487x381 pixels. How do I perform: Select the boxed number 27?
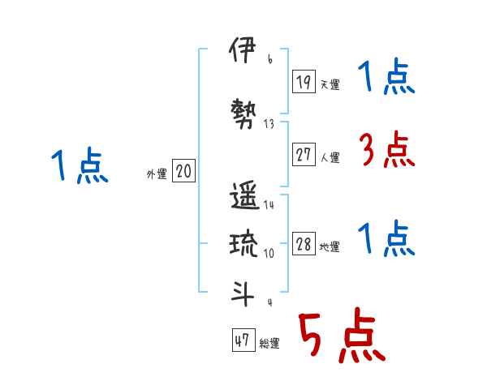(x=304, y=155)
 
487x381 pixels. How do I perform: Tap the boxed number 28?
(x=304, y=245)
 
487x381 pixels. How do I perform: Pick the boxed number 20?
(x=183, y=171)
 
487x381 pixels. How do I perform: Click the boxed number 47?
(x=243, y=340)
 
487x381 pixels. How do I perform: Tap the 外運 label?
(x=157, y=174)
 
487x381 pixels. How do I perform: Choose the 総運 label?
(x=269, y=344)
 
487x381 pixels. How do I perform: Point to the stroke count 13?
(x=269, y=124)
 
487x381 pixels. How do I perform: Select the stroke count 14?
(x=269, y=205)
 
